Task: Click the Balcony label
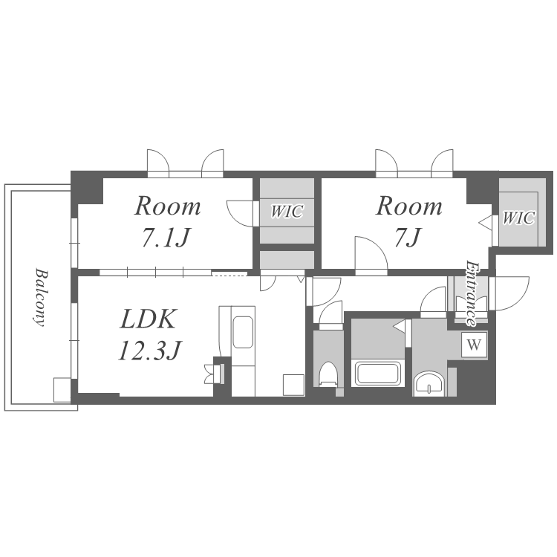pyautogui.click(x=40, y=298)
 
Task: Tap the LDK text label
pyautogui.click(x=148, y=319)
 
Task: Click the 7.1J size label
pyautogui.click(x=165, y=238)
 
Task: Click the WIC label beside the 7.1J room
pyautogui.click(x=287, y=212)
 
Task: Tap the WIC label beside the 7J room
pyautogui.click(x=518, y=218)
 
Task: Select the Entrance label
pyautogui.click(x=472, y=293)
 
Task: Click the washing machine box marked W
pyautogui.click(x=475, y=345)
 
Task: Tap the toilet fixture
pyautogui.click(x=328, y=374)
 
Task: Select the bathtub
pyautogui.click(x=378, y=373)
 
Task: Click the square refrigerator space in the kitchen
pyautogui.click(x=294, y=385)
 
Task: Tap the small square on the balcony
pyautogui.click(x=62, y=390)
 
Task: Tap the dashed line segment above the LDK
pyautogui.click(x=229, y=273)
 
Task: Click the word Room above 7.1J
pyautogui.click(x=167, y=206)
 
